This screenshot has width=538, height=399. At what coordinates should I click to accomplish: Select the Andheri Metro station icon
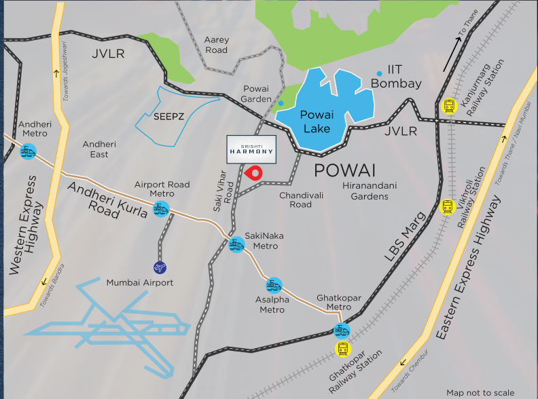coord(29,153)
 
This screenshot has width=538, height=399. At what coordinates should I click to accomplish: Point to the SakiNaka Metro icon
coord(236,245)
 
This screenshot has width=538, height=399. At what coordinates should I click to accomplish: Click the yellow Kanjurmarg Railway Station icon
coord(448,106)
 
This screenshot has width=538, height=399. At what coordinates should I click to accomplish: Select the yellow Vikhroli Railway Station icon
coord(447,206)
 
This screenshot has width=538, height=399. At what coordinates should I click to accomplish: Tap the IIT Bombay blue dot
coord(378,73)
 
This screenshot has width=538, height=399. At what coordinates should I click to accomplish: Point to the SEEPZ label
coord(168,116)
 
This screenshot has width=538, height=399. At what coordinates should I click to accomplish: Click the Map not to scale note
coord(481,392)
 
